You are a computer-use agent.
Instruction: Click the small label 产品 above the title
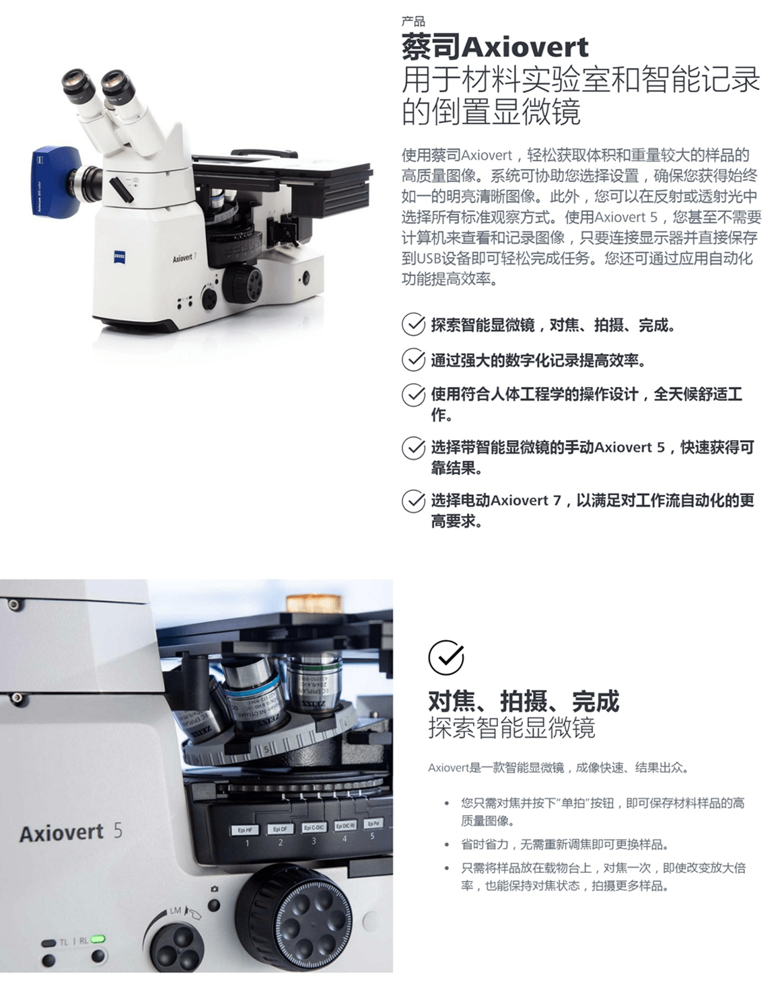click(413, 22)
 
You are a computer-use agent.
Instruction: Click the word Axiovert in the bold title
click(525, 47)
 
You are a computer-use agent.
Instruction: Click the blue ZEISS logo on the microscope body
click(119, 257)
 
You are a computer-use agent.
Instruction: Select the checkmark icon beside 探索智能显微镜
click(413, 324)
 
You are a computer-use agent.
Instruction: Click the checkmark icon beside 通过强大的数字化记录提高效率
click(413, 359)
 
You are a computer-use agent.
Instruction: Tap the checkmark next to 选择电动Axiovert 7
click(413, 501)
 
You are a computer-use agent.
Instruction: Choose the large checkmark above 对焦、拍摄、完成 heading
click(446, 658)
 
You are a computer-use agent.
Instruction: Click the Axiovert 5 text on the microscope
click(71, 832)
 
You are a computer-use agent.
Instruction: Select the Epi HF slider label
click(245, 830)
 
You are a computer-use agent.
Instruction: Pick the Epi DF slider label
click(280, 829)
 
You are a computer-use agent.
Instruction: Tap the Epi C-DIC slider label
click(314, 827)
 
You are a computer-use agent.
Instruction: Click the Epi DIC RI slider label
click(345, 826)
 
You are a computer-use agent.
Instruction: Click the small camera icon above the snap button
click(214, 889)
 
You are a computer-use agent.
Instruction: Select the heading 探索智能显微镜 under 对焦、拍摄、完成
click(511, 728)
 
